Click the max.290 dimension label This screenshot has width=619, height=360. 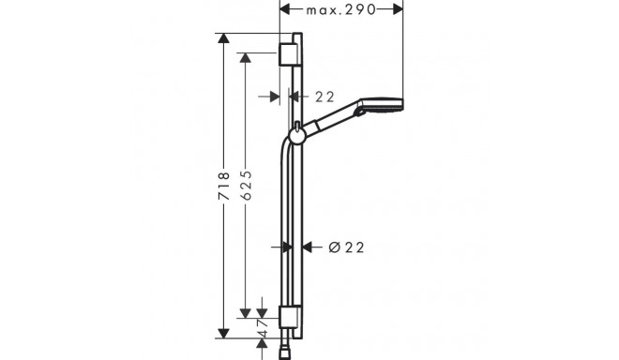(x=341, y=10)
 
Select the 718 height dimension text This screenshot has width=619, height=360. (x=224, y=186)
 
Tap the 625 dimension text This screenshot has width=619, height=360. (x=246, y=185)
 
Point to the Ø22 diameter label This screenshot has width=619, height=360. (x=346, y=247)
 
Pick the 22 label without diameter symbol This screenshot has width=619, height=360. (x=325, y=97)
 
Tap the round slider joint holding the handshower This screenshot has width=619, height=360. (x=296, y=136)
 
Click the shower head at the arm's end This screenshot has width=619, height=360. (x=382, y=105)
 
